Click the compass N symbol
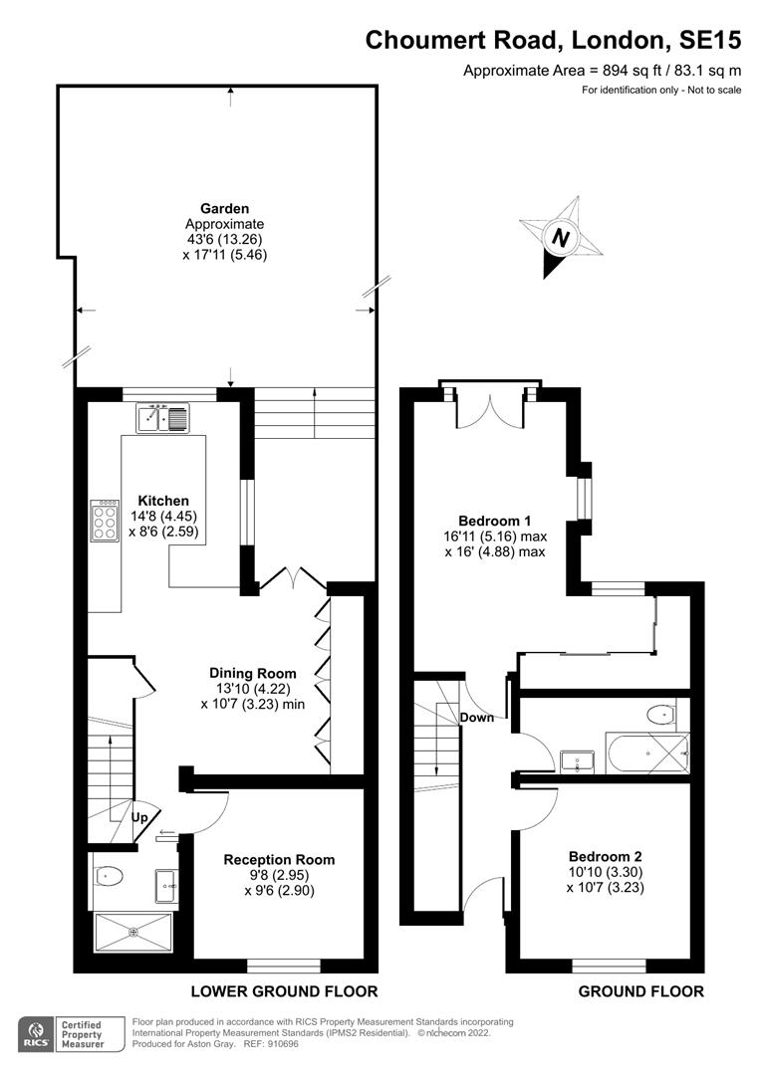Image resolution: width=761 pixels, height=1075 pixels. pyautogui.click(x=561, y=238)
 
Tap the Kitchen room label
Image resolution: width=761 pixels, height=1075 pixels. pyautogui.click(x=163, y=501)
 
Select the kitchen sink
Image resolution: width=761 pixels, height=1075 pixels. pyautogui.click(x=162, y=417)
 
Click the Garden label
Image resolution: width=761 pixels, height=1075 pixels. pyautogui.click(x=224, y=208)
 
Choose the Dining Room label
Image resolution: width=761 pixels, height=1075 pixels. pyautogui.click(x=253, y=673)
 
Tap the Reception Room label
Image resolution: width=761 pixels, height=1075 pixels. pyautogui.click(x=279, y=860)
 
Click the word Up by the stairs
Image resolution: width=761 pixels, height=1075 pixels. pyautogui.click(x=139, y=817)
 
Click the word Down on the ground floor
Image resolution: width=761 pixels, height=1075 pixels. pyautogui.click(x=477, y=717)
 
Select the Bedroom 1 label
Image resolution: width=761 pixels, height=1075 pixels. pyautogui.click(x=495, y=521)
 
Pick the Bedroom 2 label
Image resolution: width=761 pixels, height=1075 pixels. pyautogui.click(x=606, y=856)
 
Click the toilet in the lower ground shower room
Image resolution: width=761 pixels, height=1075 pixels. pyautogui.click(x=109, y=876)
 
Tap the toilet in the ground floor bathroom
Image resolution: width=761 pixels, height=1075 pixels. pyautogui.click(x=662, y=715)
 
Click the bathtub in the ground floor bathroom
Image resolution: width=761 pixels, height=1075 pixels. pyautogui.click(x=647, y=752)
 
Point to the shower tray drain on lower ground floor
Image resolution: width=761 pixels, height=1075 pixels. pyautogui.click(x=133, y=932)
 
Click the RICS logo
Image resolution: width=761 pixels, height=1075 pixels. pyautogui.click(x=37, y=1034)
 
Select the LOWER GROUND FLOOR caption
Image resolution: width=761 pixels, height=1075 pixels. pyautogui.click(x=284, y=991)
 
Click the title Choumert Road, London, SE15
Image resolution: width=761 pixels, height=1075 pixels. pyautogui.click(x=553, y=41)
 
